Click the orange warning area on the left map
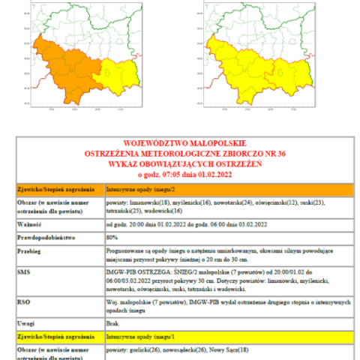(x=64, y=71)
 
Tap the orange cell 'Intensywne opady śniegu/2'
(x=136, y=190)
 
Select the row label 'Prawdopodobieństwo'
(x=48, y=238)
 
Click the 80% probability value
(x=111, y=238)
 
